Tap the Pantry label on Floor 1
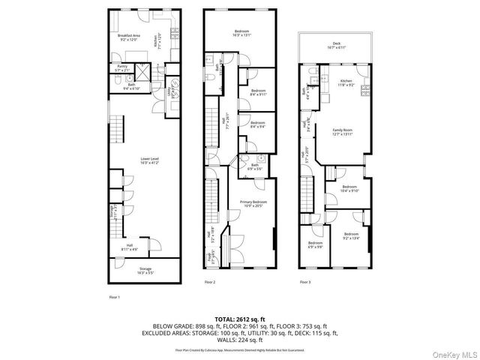pyautogui.click(x=121, y=68)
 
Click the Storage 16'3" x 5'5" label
pyautogui.click(x=145, y=270)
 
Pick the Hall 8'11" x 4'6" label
pyautogui.click(x=129, y=247)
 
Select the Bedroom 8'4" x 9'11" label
pyautogui.click(x=258, y=93)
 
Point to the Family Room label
pyautogui.click(x=342, y=132)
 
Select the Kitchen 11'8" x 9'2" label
pyautogui.click(x=346, y=82)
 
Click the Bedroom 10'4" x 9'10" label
pyautogui.click(x=349, y=188)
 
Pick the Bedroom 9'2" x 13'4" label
pyautogui.click(x=351, y=237)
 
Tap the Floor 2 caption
pyautogui.click(x=210, y=282)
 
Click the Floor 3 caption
pyautogui.click(x=305, y=282)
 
